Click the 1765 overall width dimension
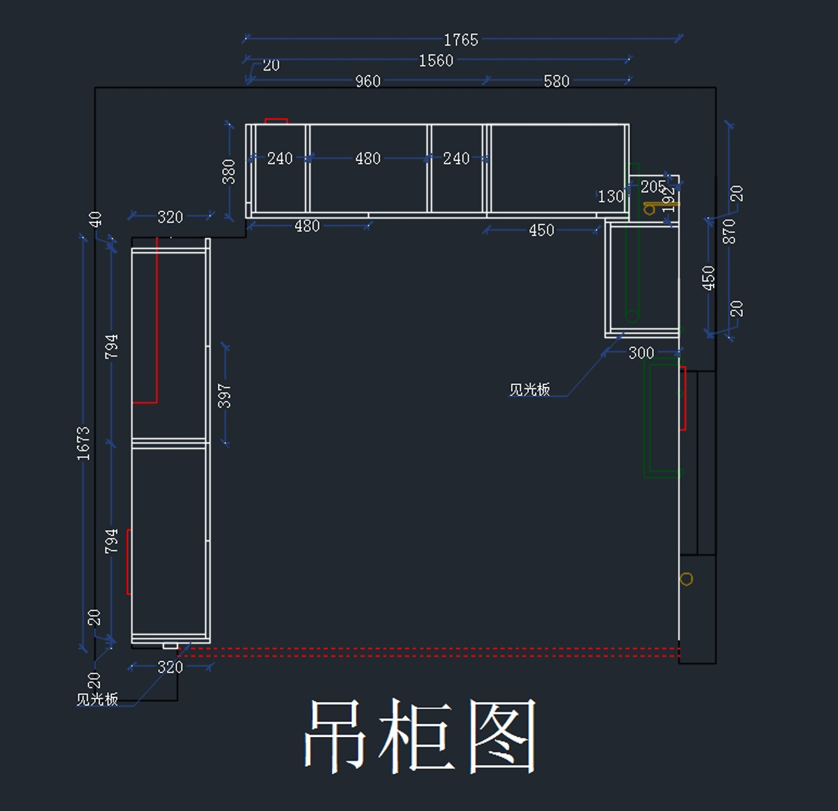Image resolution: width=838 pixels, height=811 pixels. (461, 40)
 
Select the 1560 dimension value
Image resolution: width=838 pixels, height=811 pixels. (436, 61)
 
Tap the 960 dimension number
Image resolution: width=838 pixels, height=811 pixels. (368, 81)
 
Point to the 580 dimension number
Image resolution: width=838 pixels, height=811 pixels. (557, 81)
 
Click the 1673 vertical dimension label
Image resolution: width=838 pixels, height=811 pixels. (84, 443)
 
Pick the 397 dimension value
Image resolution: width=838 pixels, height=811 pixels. (224, 396)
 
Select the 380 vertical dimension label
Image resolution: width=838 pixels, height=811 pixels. (228, 171)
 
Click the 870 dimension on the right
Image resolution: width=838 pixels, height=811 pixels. (729, 231)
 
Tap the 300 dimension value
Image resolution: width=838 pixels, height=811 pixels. (641, 353)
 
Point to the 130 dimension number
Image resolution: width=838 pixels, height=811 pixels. (610, 196)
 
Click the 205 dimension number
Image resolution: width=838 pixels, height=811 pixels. (653, 187)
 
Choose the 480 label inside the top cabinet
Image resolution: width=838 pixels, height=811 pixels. (368, 159)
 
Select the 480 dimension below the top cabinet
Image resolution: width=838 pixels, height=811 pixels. (307, 227)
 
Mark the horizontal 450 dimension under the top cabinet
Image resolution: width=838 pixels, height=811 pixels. (541, 230)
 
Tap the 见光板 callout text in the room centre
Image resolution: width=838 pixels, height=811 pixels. (529, 389)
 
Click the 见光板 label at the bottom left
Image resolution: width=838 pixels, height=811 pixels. (97, 699)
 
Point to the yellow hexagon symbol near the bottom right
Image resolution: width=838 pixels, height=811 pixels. (686, 579)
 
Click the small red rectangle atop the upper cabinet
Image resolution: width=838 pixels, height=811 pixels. (277, 121)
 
